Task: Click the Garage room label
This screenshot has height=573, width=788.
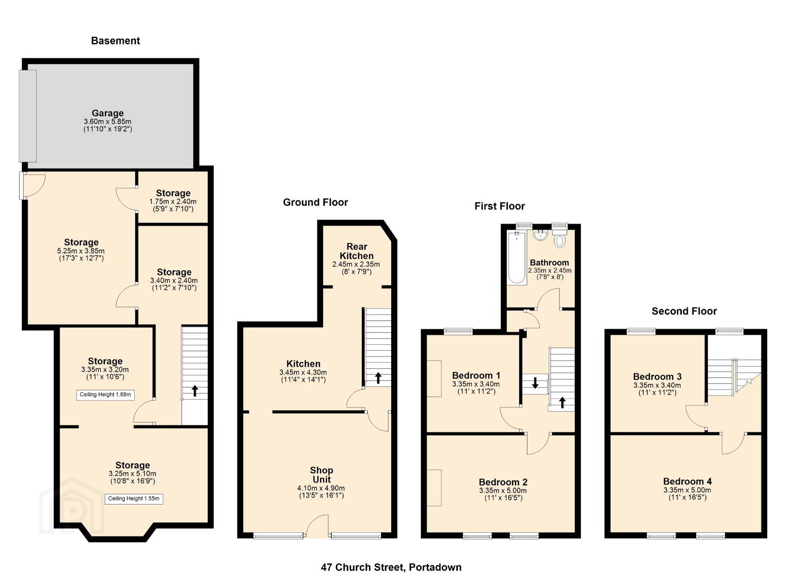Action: click(x=108, y=113)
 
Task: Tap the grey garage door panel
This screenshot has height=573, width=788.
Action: click(x=28, y=116)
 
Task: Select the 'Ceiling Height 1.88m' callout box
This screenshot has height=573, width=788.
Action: click(x=105, y=395)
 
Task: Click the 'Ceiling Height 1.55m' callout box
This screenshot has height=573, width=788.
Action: click(x=134, y=499)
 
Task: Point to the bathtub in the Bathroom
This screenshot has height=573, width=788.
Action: click(x=517, y=258)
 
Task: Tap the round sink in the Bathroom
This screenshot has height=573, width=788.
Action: click(x=540, y=235)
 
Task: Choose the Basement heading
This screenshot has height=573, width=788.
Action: click(x=115, y=41)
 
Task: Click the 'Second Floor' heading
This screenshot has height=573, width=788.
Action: click(x=684, y=311)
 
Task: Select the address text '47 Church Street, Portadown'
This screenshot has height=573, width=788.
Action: click(x=391, y=557)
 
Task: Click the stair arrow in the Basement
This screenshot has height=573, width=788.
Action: click(x=195, y=391)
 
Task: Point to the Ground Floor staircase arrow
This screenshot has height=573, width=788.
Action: click(x=378, y=378)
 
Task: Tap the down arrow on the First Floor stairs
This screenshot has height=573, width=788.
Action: click(x=535, y=383)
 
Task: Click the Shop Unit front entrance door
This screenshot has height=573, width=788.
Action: click(x=317, y=526)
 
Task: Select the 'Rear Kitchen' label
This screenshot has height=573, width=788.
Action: click(x=357, y=251)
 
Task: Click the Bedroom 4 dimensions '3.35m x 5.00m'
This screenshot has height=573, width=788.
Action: click(x=687, y=490)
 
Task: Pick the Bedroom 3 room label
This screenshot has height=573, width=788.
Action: click(x=657, y=377)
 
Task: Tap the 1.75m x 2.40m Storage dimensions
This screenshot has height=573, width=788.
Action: click(x=173, y=202)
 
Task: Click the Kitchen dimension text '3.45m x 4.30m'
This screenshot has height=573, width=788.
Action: click(x=303, y=372)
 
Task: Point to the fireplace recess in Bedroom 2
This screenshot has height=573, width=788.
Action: click(x=434, y=488)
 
